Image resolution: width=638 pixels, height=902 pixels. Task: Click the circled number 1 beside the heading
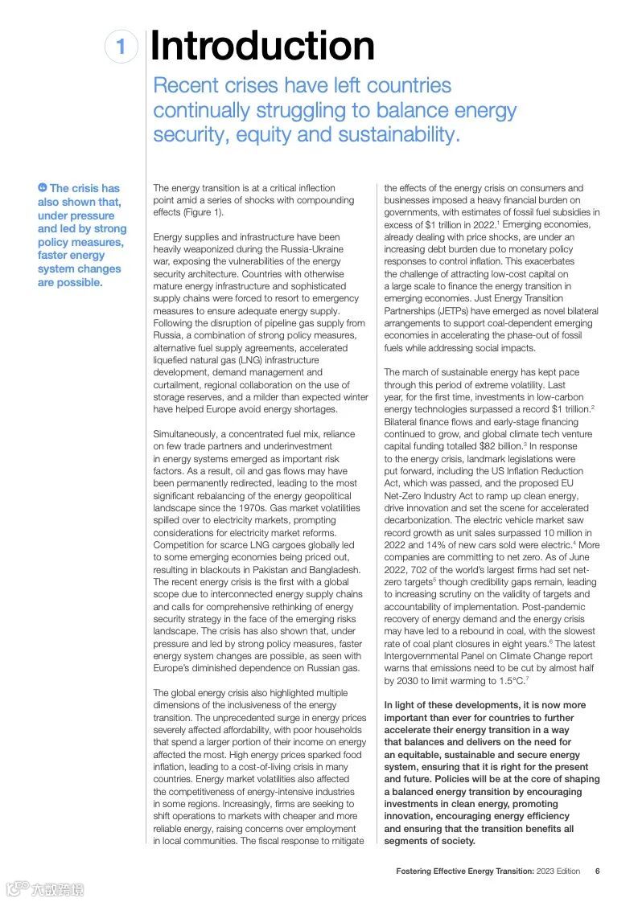click(x=121, y=47)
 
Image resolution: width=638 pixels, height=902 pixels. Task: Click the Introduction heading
click(x=262, y=46)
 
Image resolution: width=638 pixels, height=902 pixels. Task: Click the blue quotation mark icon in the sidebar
click(x=43, y=188)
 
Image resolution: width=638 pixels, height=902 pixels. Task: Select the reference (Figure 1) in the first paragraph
click(x=196, y=212)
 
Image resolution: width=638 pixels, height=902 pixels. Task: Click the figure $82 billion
click(x=499, y=446)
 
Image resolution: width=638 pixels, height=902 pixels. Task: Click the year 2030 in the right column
click(x=399, y=681)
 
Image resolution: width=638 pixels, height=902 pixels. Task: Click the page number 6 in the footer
click(x=597, y=871)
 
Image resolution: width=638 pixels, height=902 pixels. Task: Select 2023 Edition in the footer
click(x=558, y=871)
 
